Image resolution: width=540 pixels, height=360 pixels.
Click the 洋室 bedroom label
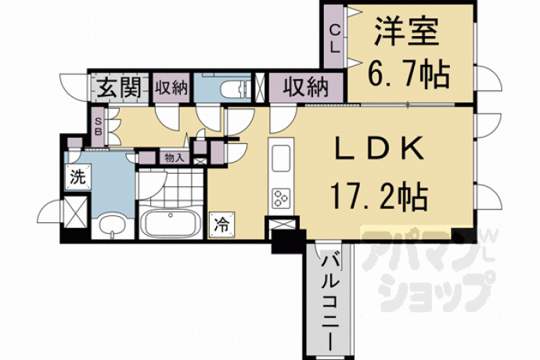click(407, 31)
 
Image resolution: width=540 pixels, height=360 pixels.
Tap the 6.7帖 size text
click(409, 74)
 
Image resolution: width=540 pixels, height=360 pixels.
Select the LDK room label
click(380, 148)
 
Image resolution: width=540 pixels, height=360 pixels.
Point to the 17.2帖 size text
click(379, 196)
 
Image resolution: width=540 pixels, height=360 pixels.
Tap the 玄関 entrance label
click(119, 88)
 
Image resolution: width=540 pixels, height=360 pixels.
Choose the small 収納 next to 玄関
click(171, 88)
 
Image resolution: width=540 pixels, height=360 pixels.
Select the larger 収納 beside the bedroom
click(306, 88)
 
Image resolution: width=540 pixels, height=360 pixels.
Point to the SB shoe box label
click(98, 127)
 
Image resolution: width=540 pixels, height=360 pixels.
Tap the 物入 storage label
click(175, 158)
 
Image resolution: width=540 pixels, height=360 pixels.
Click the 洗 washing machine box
click(78, 177)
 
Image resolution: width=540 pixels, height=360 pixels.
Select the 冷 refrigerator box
click(221, 225)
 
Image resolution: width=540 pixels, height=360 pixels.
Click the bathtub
click(170, 223)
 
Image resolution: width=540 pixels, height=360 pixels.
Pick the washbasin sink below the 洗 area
click(112, 225)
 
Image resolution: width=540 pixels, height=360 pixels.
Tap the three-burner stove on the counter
click(281, 199)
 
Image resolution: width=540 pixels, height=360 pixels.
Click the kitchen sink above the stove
click(281, 158)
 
